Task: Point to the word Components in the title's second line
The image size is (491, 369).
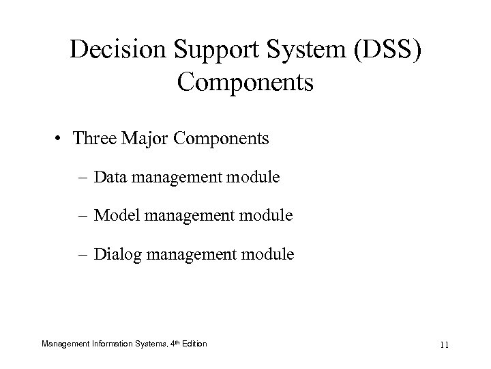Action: click(245, 83)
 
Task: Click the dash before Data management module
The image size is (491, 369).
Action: click(85, 178)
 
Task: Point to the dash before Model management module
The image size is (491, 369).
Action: click(85, 217)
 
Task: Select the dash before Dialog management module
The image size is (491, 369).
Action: click(85, 256)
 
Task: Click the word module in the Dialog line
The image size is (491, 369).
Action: click(269, 255)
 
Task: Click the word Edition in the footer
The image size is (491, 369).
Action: click(194, 342)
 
